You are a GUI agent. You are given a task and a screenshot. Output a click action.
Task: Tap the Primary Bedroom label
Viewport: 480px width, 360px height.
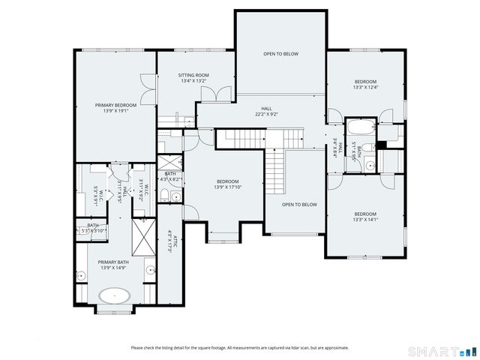click(x=116, y=105)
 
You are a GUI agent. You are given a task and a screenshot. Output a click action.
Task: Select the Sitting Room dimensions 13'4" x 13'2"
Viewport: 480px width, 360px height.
click(x=193, y=82)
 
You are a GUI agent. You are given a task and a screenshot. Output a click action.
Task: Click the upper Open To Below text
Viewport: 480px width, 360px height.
click(x=280, y=54)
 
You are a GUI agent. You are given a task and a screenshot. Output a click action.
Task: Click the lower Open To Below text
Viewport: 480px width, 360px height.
click(x=299, y=204)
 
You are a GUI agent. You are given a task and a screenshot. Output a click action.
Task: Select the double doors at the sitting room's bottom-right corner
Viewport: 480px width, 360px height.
click(x=221, y=95)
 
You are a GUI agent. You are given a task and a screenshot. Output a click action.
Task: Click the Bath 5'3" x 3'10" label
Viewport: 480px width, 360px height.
click(x=92, y=228)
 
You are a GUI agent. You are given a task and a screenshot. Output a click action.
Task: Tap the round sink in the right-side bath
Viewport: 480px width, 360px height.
click(x=358, y=166)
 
